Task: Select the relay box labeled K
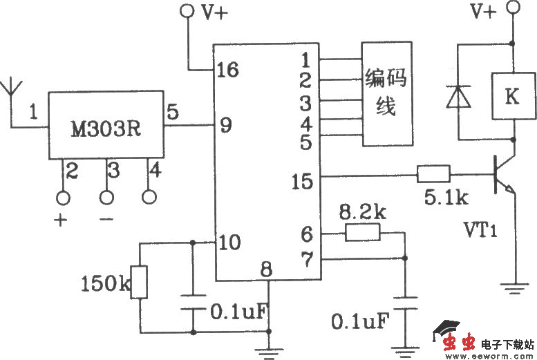(511, 96)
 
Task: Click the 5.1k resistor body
(433, 174)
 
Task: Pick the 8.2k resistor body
(363, 233)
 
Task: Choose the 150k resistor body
(140, 282)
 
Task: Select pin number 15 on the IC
(303, 181)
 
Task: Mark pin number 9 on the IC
(225, 125)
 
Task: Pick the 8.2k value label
(361, 212)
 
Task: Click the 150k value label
(104, 283)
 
